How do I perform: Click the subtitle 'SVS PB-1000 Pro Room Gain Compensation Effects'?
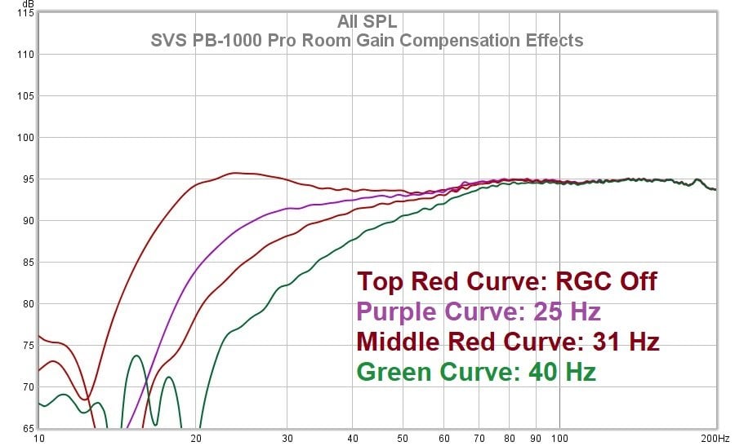pyautogui.click(x=367, y=40)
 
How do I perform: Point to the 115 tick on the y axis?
pyautogui.click(x=24, y=13)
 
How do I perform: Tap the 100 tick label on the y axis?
pyautogui.click(x=24, y=138)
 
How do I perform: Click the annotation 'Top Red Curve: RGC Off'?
pyautogui.click(x=506, y=282)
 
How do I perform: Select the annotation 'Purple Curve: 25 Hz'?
pyautogui.click(x=479, y=311)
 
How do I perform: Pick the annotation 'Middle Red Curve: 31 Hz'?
pyautogui.click(x=508, y=342)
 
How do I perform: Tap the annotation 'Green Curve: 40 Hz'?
pyautogui.click(x=476, y=372)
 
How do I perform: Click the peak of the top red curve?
pyautogui.click(x=235, y=173)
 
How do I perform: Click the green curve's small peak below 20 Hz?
pyautogui.click(x=136, y=355)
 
